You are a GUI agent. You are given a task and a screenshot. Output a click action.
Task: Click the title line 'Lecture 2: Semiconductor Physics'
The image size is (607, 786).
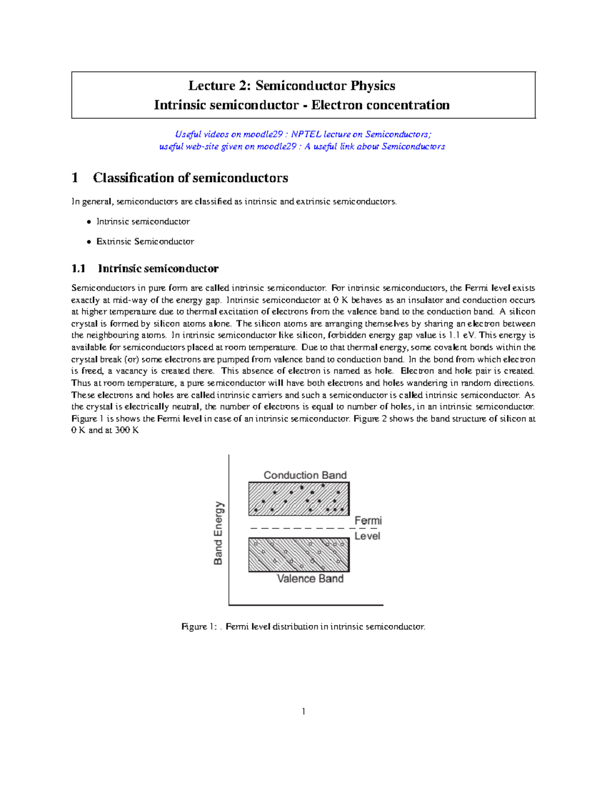tap(292, 86)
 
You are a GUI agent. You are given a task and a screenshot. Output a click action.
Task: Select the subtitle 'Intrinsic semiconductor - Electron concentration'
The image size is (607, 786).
tap(301, 105)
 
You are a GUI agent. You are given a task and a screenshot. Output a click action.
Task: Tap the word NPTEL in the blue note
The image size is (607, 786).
tap(306, 134)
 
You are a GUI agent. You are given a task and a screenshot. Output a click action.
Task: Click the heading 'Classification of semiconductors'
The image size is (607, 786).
tap(190, 178)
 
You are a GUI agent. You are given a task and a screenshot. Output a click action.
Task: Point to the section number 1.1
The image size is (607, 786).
tap(78, 268)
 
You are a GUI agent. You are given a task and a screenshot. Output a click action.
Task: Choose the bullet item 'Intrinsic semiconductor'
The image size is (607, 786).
tap(143, 222)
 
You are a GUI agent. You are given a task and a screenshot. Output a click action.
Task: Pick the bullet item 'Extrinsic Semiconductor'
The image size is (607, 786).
tap(145, 242)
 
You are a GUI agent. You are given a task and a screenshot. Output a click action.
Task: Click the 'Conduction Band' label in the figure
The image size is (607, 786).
tap(305, 475)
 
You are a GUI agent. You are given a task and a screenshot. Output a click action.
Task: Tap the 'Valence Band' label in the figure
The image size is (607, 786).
tap(310, 578)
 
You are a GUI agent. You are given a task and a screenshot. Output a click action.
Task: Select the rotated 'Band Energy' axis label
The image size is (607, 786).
tap(218, 533)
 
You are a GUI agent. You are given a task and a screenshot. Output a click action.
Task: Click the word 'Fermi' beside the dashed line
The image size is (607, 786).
tap(368, 521)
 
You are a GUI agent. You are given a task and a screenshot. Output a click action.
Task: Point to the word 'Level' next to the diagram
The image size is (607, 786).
tap(367, 536)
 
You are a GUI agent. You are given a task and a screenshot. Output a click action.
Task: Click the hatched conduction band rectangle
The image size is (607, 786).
tap(299, 499)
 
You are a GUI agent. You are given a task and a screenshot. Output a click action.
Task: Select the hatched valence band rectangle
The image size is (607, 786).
tap(299, 555)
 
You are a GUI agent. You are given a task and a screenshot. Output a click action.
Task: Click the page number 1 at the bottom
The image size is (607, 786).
tap(303, 712)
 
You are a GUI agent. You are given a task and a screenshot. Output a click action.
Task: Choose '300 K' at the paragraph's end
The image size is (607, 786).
tap(126, 430)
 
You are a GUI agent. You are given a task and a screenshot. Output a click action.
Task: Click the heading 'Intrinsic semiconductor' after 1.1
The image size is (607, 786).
tap(158, 268)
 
